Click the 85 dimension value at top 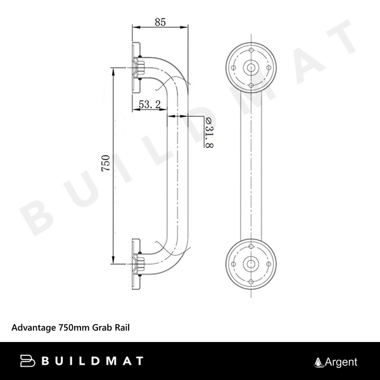[x=160, y=22]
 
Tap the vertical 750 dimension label [x=106, y=165]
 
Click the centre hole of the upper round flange [x=251, y=68]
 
